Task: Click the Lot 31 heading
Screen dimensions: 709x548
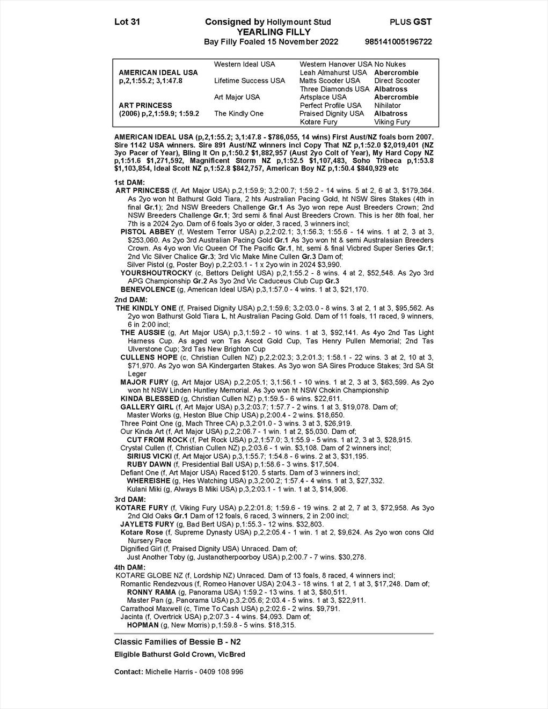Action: click(127, 22)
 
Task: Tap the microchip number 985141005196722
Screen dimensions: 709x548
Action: click(398, 42)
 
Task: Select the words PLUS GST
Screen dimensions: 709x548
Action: click(411, 22)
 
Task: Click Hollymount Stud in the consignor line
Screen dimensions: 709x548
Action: click(299, 23)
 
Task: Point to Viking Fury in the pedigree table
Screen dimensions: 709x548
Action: click(392, 122)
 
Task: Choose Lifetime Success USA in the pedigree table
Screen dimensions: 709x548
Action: click(250, 81)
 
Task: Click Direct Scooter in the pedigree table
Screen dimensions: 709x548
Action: click(397, 81)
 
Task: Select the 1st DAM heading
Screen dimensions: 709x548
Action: click(130, 182)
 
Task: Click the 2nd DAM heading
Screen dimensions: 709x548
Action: click(130, 299)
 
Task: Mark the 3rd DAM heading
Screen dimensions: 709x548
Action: click(130, 499)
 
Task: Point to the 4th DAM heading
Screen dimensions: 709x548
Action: click(130, 567)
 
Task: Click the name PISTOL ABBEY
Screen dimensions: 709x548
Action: click(148, 232)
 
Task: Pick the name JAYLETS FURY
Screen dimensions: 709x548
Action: click(148, 524)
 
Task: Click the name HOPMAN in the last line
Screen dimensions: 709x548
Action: click(142, 625)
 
